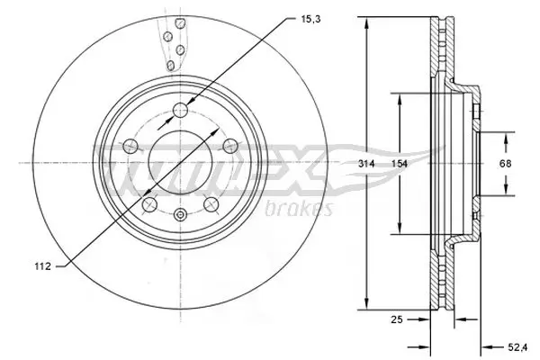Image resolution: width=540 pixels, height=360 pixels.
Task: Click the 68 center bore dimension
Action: pos(506,163)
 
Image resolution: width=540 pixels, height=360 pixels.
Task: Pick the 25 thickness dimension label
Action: pos(395,319)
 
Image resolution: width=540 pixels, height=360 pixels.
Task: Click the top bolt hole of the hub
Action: pos(180,110)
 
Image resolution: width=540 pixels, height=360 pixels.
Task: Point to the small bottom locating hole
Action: pos(180,214)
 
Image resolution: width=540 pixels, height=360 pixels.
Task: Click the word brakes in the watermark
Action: pos(300,210)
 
